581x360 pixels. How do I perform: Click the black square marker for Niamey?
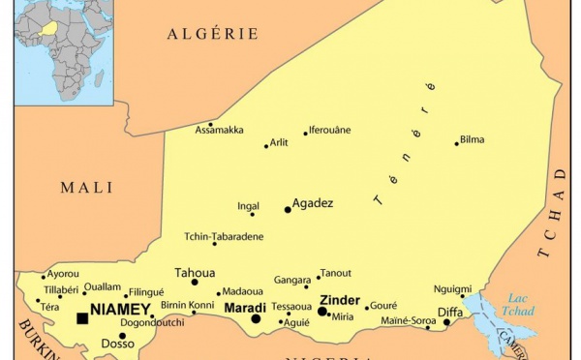(x=81, y=317)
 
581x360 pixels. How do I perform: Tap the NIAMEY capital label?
(x=121, y=311)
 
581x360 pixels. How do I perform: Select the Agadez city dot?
(x=288, y=209)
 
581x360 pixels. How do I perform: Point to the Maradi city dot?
(x=257, y=318)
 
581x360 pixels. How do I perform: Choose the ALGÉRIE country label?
(x=212, y=34)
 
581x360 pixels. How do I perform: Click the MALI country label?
(x=86, y=188)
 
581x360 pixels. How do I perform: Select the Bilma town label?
(x=472, y=139)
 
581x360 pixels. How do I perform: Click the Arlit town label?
(x=279, y=142)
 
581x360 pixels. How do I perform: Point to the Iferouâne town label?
(x=330, y=130)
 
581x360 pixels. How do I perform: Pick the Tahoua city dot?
(x=195, y=283)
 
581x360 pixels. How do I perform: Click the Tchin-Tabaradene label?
(x=224, y=235)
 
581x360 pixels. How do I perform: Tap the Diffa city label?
(x=450, y=312)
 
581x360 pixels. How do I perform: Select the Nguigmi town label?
(x=452, y=288)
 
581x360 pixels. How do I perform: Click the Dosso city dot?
(x=122, y=336)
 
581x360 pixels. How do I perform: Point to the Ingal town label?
(x=248, y=205)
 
